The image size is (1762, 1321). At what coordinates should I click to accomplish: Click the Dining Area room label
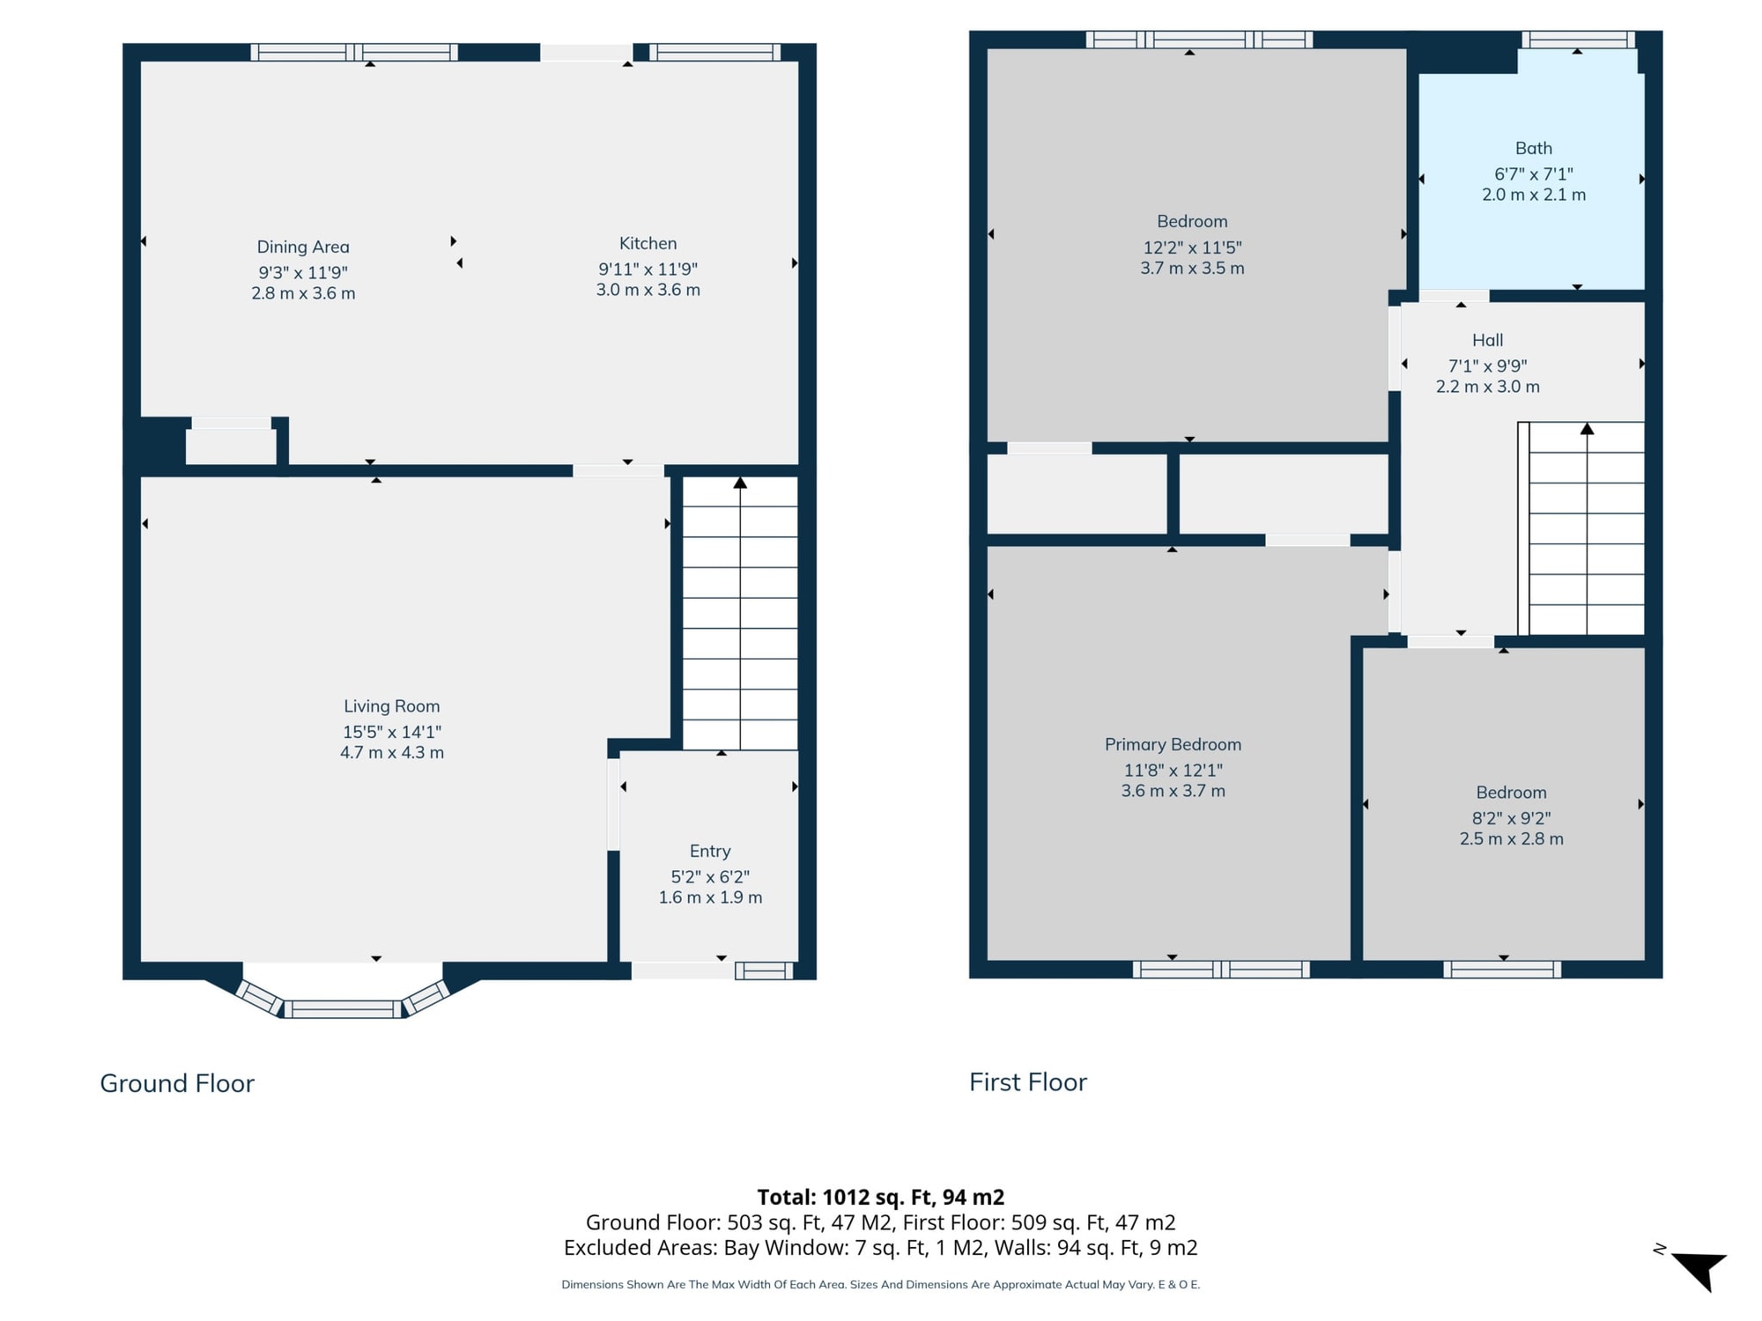coord(303,247)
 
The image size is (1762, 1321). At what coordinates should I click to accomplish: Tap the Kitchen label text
coord(648,244)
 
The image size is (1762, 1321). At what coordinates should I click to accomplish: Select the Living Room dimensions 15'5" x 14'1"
coord(392,732)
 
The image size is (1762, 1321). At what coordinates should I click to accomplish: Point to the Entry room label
coord(710,852)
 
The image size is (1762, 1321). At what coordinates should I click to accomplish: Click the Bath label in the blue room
coord(1534,149)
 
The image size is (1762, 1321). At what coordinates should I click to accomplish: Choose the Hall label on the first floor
coord(1488,340)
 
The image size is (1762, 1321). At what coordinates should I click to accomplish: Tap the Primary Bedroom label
coord(1173,745)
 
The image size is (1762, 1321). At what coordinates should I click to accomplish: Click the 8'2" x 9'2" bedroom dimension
coord(1512,818)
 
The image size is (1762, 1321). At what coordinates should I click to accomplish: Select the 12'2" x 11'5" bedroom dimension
coord(1193,247)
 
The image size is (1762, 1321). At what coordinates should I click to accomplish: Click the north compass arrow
coord(1699,1268)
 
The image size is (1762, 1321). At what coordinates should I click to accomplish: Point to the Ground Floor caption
coord(177,1083)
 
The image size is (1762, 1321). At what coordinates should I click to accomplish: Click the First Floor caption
coord(1028,1082)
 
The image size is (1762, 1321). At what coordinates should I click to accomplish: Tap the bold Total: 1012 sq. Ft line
coord(881,1198)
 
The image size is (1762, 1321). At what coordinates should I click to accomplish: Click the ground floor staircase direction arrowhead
coord(740,483)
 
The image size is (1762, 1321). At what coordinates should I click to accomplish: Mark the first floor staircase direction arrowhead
coord(1587,429)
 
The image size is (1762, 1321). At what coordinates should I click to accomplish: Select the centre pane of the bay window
coord(343,1009)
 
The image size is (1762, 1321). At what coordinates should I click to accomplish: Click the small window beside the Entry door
coord(764,970)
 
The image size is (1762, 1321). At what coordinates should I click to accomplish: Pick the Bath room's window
coord(1578,39)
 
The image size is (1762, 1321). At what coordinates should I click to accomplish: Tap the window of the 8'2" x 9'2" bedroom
coord(1502,970)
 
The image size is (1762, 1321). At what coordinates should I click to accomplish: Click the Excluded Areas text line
coord(881,1248)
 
